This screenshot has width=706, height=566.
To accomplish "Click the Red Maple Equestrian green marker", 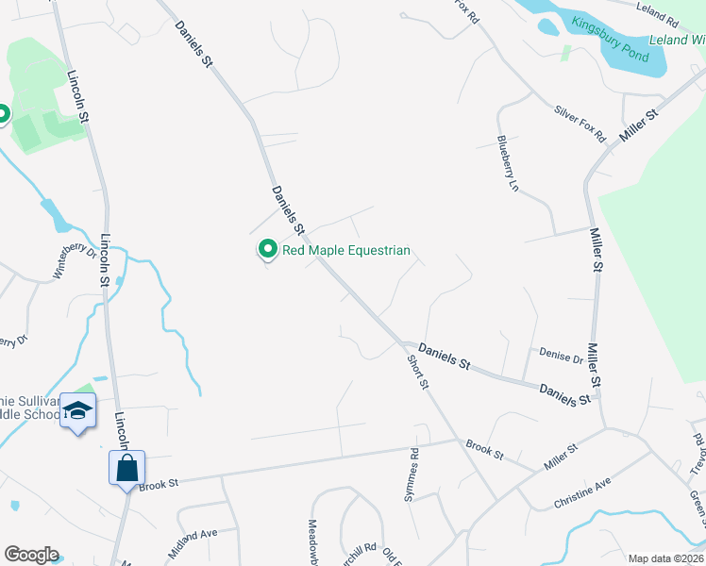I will point(267,250).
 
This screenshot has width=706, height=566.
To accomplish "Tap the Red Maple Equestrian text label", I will point(346,251).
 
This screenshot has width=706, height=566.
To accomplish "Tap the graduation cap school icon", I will point(78,411).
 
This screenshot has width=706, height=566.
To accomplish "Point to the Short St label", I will point(418,373).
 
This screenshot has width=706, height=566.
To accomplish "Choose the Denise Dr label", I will point(561,356).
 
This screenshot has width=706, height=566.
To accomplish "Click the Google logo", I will point(31,555).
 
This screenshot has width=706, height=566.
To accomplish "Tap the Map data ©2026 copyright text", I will point(664,558).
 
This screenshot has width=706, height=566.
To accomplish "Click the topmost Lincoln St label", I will point(77,95).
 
